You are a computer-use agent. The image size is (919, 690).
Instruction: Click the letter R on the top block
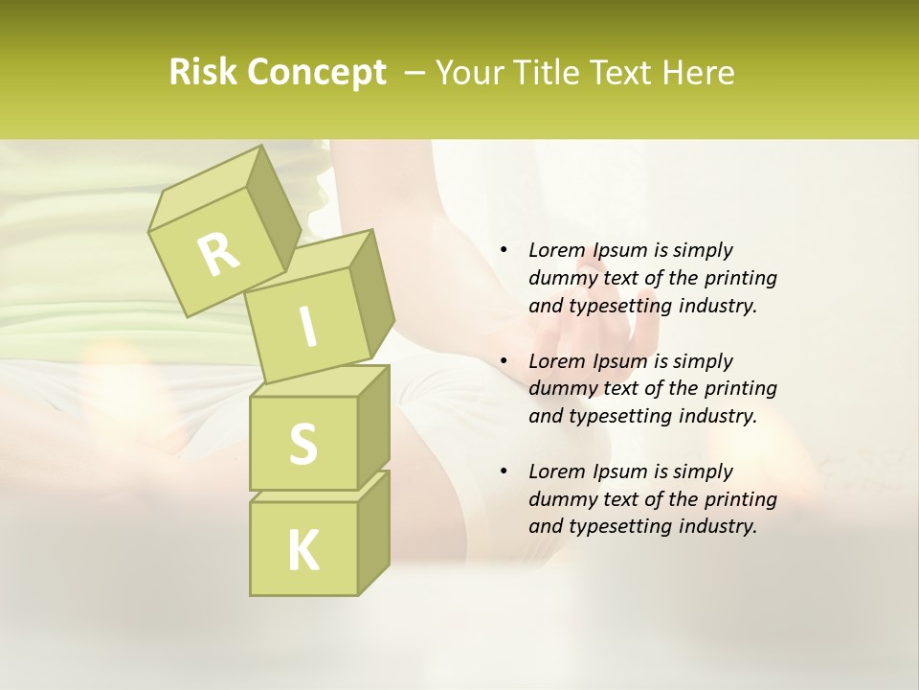[x=218, y=254]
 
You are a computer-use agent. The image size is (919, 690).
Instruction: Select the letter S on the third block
[x=303, y=443]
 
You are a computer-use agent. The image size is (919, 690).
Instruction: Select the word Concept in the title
[x=317, y=73]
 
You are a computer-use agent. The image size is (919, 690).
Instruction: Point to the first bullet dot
[x=504, y=250]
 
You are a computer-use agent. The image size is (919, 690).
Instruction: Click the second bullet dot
[x=504, y=361]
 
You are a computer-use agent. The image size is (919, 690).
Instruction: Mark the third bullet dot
[x=504, y=471]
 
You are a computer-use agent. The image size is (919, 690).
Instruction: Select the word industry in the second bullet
[x=717, y=416]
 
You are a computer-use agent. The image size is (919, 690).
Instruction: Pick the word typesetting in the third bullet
[x=621, y=526]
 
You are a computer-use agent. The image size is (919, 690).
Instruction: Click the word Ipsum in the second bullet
[x=621, y=361]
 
